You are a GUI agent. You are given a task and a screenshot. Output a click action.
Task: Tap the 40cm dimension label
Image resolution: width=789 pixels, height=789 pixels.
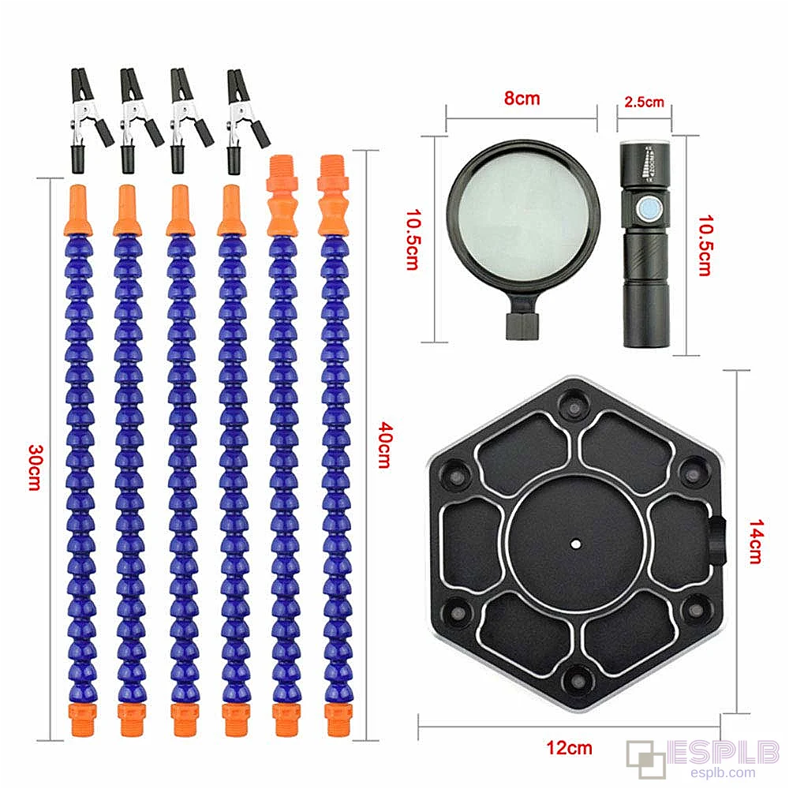[385, 445]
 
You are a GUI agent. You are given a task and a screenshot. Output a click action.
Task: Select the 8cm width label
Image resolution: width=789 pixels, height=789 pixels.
[522, 98]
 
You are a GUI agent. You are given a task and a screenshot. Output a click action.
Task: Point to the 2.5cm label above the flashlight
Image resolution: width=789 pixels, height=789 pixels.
[644, 102]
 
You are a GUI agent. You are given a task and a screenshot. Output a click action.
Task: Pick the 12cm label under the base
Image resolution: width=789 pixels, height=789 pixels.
[569, 747]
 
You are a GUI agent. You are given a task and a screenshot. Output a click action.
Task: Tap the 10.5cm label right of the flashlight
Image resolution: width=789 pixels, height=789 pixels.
[705, 245]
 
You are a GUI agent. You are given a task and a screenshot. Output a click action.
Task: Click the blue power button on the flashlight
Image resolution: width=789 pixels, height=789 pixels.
[647, 209]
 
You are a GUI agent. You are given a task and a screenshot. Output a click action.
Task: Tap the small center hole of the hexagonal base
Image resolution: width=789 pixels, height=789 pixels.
[576, 544]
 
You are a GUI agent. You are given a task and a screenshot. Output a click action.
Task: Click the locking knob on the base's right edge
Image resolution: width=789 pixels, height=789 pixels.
[718, 542]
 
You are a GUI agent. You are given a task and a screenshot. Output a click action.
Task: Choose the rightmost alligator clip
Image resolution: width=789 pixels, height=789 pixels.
[245, 122]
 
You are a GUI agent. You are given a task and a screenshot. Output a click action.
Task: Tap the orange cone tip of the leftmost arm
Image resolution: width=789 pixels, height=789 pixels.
[78, 210]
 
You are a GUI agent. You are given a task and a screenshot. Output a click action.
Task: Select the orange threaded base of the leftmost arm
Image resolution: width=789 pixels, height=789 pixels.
[83, 720]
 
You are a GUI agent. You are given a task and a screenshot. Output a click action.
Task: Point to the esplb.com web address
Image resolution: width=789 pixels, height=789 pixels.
[723, 773]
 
